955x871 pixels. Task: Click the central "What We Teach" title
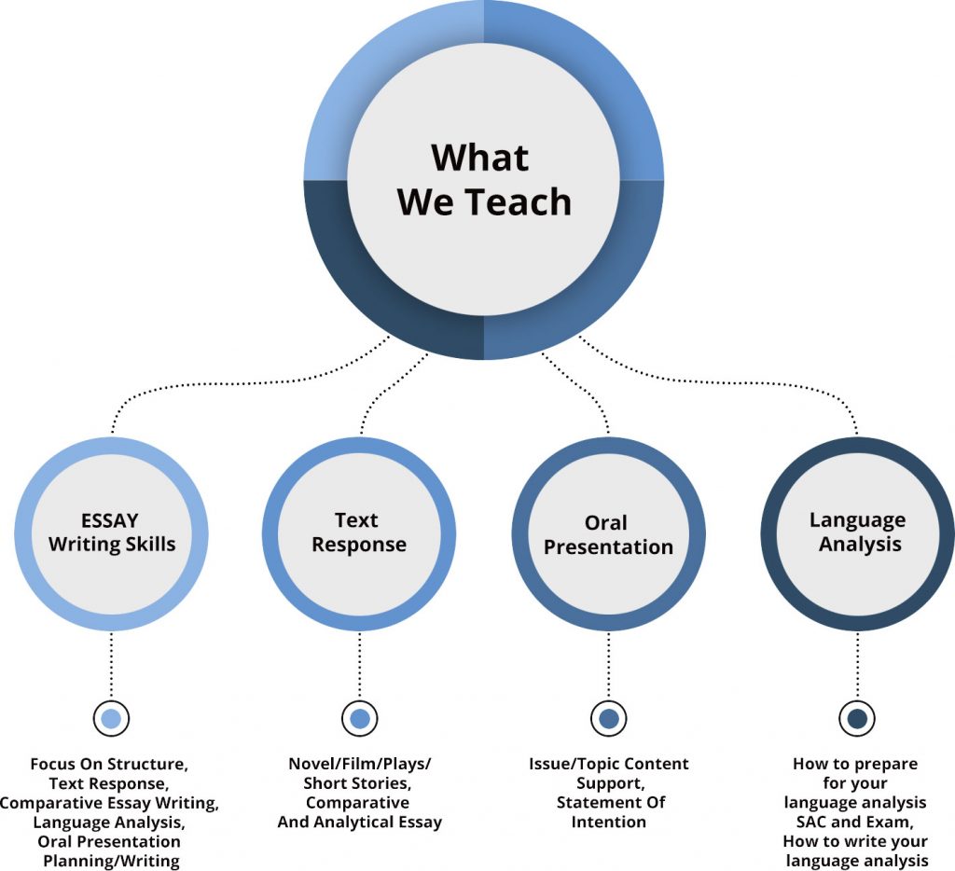click(x=484, y=179)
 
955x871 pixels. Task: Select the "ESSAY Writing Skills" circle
click(x=112, y=532)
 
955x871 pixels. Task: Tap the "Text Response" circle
click(x=359, y=532)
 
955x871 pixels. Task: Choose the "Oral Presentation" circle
click(x=608, y=534)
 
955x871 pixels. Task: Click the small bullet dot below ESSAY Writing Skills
click(x=111, y=719)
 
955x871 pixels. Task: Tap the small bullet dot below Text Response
click(x=360, y=719)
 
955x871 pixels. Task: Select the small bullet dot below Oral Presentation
click(x=609, y=719)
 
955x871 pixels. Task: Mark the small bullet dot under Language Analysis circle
click(x=857, y=719)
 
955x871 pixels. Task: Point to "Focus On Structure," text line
click(x=109, y=764)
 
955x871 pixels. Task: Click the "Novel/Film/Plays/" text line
click(x=360, y=764)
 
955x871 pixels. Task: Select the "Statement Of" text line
click(x=608, y=803)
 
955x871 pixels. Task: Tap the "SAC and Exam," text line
click(x=856, y=822)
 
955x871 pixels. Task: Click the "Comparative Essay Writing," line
click(x=109, y=802)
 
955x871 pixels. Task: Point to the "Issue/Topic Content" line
click(x=608, y=764)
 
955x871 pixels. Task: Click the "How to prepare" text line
click(x=855, y=764)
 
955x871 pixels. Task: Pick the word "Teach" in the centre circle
click(x=524, y=201)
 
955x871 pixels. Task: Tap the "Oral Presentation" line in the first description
click(x=109, y=841)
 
